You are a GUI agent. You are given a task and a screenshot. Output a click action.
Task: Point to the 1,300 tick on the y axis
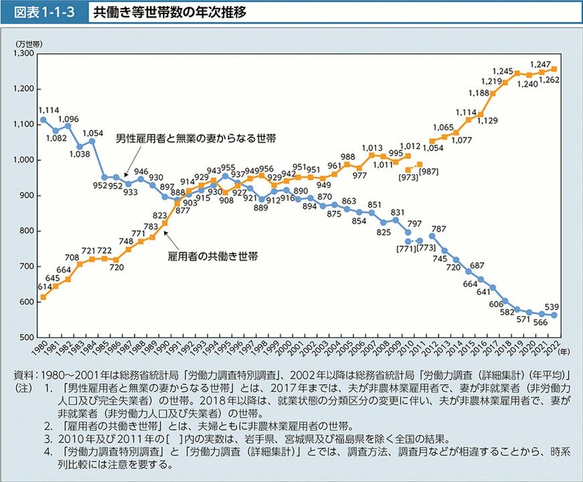pyautogui.click(x=24, y=53)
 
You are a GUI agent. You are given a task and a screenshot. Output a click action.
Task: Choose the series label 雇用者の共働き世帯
pyautogui.click(x=214, y=255)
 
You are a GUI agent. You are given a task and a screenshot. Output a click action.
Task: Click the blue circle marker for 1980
pyautogui.click(x=44, y=119)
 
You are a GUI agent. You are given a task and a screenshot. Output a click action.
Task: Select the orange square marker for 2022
pyautogui.click(x=554, y=69)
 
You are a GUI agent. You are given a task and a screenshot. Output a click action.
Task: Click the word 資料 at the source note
pyautogui.click(x=23, y=375)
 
